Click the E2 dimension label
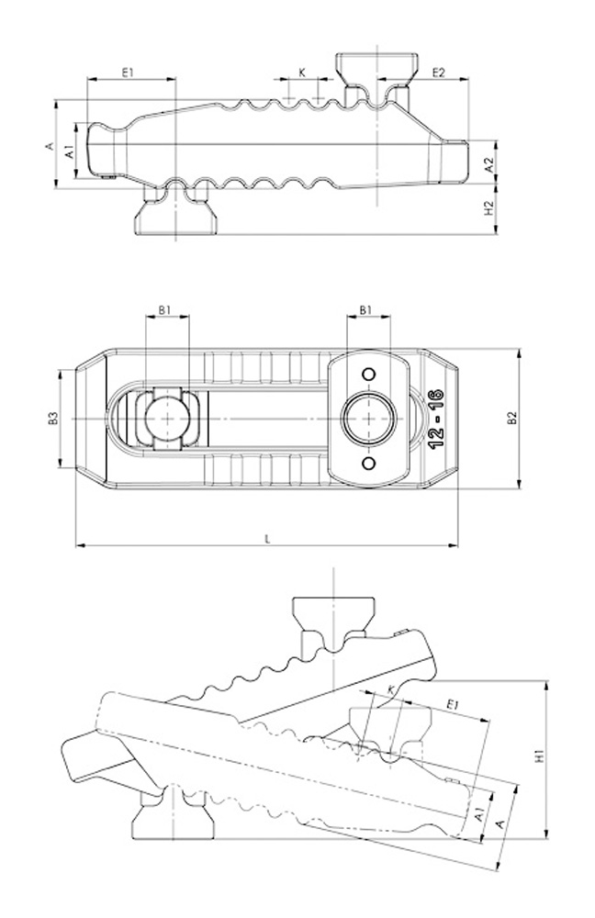438,72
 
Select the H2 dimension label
489,207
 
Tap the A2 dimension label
489,164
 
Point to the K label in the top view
302,72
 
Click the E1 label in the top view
128,72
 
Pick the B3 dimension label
53,419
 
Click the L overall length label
267,539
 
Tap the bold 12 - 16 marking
436,420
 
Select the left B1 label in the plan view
164,310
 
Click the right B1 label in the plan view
365,310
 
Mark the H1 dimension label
539,757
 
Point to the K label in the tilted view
391,691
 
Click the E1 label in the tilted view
453,704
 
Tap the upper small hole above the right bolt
368,375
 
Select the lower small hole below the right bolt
368,464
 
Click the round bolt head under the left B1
168,419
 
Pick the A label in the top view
51,145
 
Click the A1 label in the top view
70,151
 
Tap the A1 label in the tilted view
479,813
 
